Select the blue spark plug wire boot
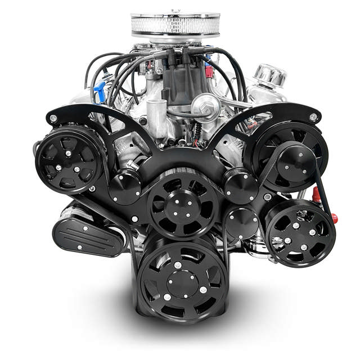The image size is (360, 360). pyautogui.click(x=100, y=90)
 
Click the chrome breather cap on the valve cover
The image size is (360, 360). pyautogui.click(x=271, y=76)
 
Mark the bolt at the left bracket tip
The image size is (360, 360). pyautogui.click(x=52, y=119)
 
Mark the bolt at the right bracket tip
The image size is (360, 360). pyautogui.click(x=313, y=117)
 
